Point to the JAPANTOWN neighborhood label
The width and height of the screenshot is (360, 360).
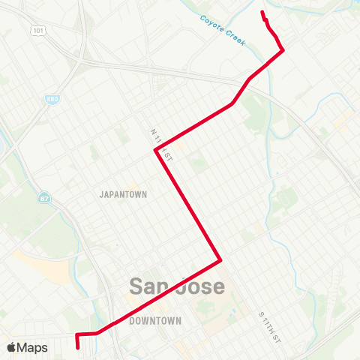click(124, 193)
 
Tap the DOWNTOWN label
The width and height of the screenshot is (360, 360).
click(155, 321)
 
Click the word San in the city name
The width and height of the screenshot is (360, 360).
click(153, 286)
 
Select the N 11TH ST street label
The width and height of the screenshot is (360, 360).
click(161, 144)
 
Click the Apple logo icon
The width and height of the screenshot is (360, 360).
click(11, 347)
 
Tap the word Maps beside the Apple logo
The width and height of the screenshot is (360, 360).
click(32, 347)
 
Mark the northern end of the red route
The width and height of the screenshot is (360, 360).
click(262, 12)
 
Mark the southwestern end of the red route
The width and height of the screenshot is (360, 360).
click(78, 347)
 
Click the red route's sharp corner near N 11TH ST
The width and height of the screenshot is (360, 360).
click(156, 150)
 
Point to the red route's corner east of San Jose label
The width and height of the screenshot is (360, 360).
click(220, 261)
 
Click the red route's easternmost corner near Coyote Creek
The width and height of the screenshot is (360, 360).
click(283, 50)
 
